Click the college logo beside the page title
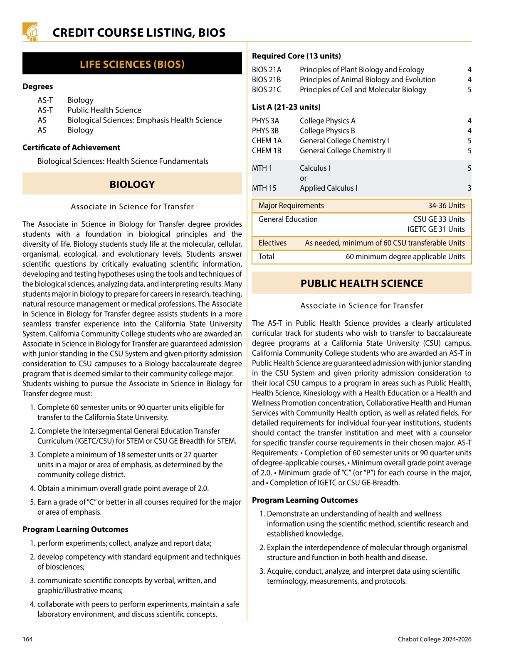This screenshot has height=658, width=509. click(30, 32)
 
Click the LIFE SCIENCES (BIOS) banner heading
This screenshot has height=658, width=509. click(132, 64)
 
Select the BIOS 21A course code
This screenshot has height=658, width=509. click(267, 70)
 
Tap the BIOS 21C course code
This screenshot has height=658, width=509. click(267, 90)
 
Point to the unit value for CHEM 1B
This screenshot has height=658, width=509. click(469, 151)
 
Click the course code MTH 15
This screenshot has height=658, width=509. click(264, 188)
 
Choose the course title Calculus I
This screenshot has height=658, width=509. click(315, 168)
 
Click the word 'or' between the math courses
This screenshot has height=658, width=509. click(303, 178)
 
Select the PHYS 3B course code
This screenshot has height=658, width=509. click(265, 131)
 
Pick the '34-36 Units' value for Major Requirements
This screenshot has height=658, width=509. click(446, 206)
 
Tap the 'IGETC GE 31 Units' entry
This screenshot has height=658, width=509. click(436, 229)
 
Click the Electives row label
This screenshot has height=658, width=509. click(272, 243)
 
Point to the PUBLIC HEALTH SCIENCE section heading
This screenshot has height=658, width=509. click(361, 284)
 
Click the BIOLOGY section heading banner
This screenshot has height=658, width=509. click(132, 184)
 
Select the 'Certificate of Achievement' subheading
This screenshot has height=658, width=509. click(71, 147)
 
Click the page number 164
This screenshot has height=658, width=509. click(27, 639)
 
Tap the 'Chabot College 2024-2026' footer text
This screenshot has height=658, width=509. click(435, 639)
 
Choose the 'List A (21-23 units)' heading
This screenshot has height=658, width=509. click(286, 107)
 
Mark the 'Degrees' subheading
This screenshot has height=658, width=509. click(38, 86)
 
